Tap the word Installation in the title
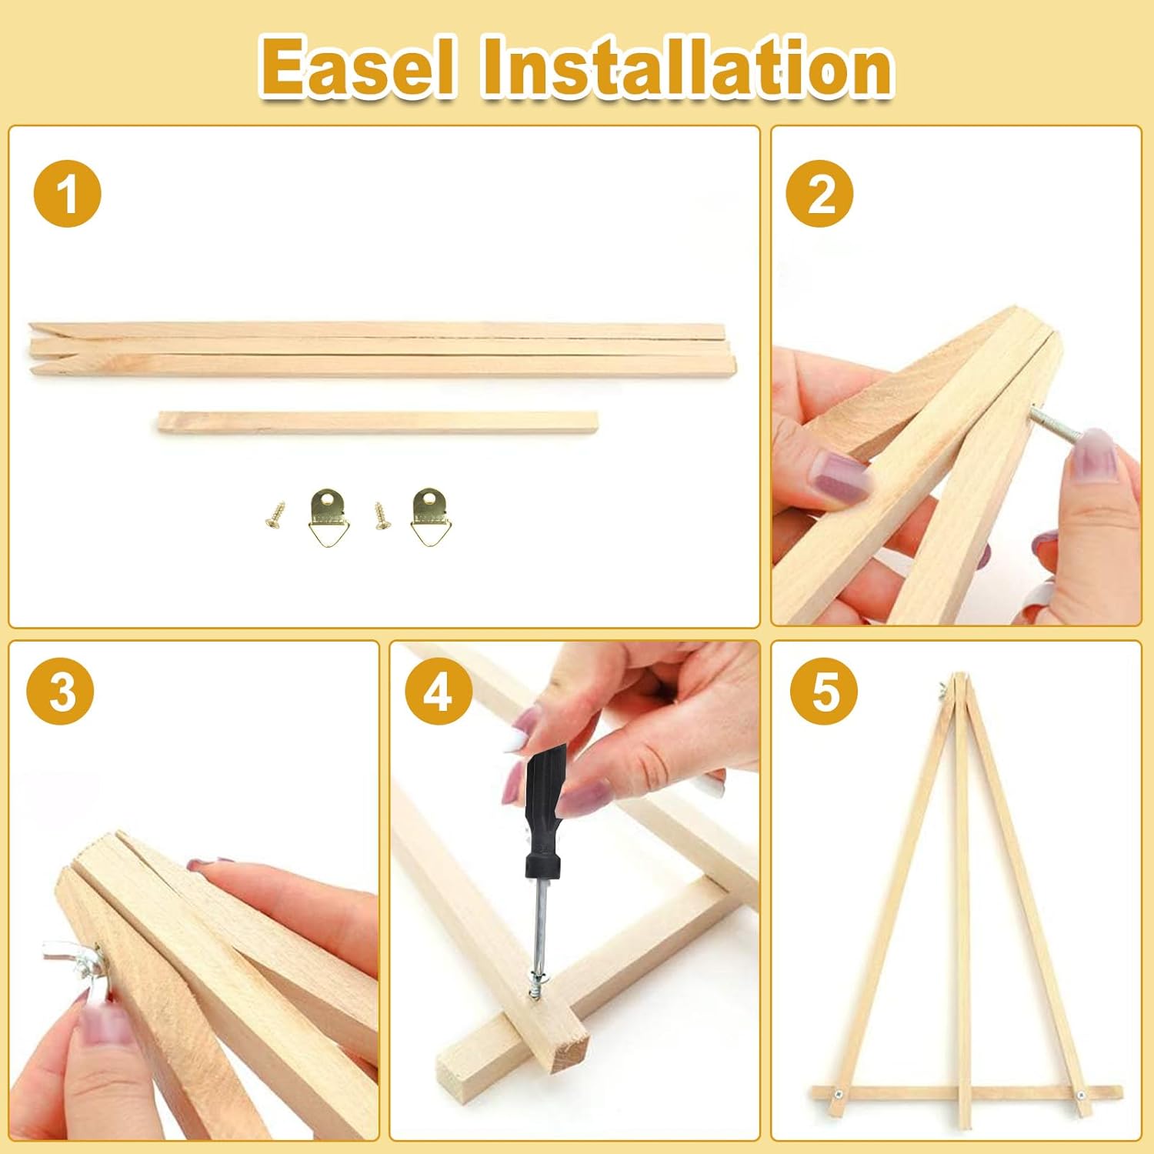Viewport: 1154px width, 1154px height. point(687,68)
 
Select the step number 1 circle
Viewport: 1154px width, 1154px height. point(67,193)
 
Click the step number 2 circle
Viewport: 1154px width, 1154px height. point(819,193)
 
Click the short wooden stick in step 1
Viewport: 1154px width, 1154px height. point(378,422)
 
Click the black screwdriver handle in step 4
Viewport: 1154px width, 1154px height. point(545,802)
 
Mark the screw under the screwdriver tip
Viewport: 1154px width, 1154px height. point(535,989)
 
